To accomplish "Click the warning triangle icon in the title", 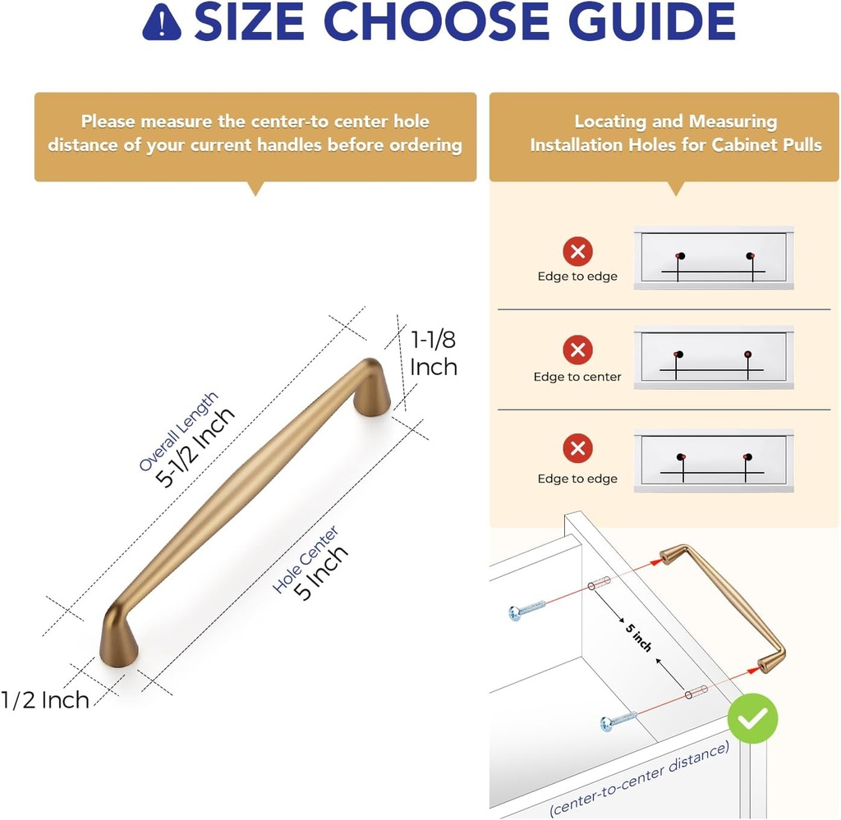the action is point(162,22).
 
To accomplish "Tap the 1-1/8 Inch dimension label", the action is point(434,353).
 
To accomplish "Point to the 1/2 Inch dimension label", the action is point(45,700).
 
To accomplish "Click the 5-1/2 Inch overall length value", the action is point(195,447).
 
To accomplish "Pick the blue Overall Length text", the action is point(178,432).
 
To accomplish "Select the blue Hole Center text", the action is point(306,559).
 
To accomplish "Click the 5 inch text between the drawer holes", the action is point(638,638).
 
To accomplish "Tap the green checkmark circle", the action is point(752,718).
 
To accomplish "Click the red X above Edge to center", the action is point(577,350).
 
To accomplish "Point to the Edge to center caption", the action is point(577,377).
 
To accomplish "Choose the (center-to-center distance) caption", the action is point(639,778).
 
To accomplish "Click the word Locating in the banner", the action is point(610,121).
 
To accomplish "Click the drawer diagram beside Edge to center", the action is point(714,357).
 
